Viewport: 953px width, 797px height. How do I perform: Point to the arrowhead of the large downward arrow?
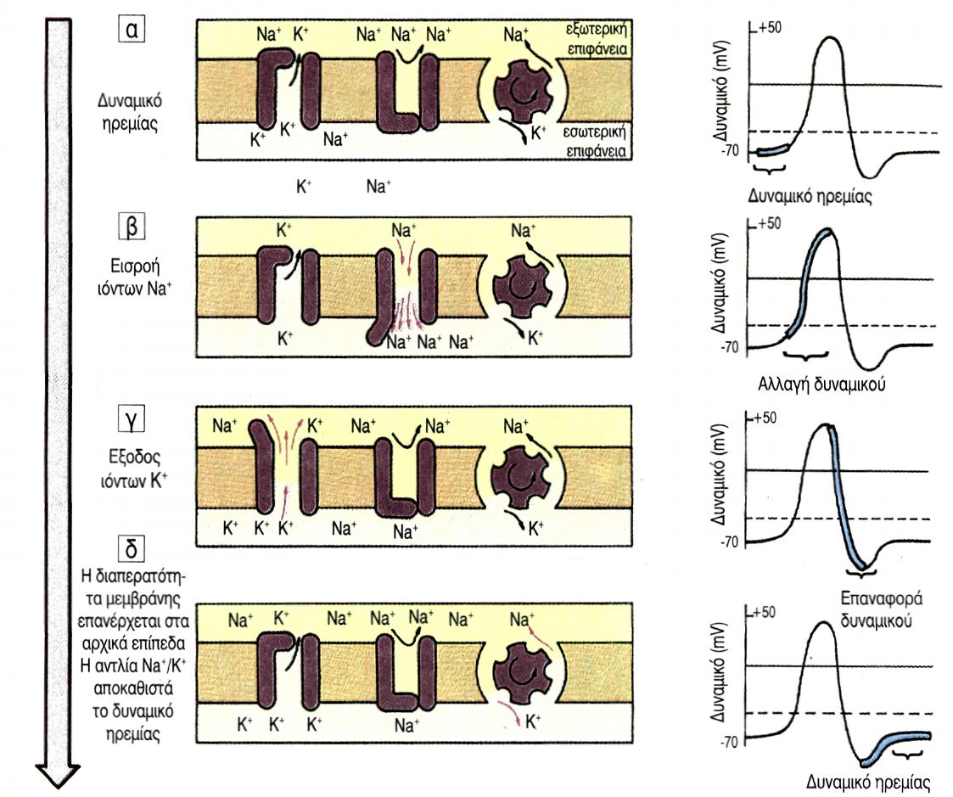[57, 774]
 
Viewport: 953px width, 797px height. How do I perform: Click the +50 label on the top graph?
[769, 27]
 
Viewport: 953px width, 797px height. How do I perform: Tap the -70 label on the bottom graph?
[731, 740]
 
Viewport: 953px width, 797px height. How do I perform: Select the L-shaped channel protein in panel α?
[392, 92]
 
